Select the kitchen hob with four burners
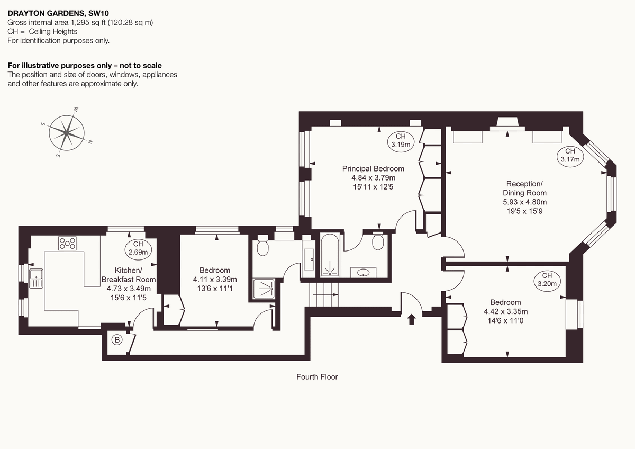pos(67,244)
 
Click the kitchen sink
pos(37,278)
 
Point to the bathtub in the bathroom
pos(332,255)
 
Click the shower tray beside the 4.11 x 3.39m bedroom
pos(264,289)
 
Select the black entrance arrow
pos(412,319)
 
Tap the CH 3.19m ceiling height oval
pos(401,140)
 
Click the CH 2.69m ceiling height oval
pos(138,248)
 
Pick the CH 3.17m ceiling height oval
pos(569,155)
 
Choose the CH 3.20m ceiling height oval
pos(547,280)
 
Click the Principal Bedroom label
pos(373,169)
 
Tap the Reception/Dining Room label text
pos(524,188)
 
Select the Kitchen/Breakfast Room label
pos(129,275)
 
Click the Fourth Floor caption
pos(317,377)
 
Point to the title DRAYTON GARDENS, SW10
pos(52,13)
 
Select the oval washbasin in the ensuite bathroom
pos(364,273)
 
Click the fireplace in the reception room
pos(506,124)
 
